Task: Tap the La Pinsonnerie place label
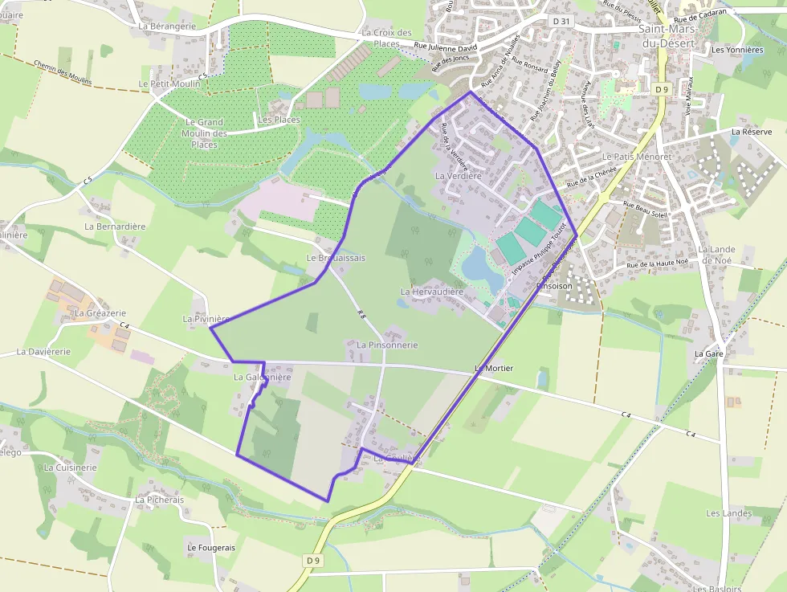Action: pos(387,345)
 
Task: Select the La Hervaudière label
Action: pos(432,292)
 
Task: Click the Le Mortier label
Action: pos(493,368)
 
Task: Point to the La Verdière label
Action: pos(458,175)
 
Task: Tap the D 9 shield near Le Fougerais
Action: pos(313,559)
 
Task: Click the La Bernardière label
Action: pos(115,227)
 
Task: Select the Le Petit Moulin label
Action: pos(169,83)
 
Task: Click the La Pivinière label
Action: pos(206,319)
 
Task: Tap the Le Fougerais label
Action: pos(211,547)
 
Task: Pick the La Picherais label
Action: pos(159,500)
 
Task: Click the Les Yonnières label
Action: pos(737,50)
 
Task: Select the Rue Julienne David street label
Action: pos(446,47)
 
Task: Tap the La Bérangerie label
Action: pos(167,26)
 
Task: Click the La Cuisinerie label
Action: pos(71,467)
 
